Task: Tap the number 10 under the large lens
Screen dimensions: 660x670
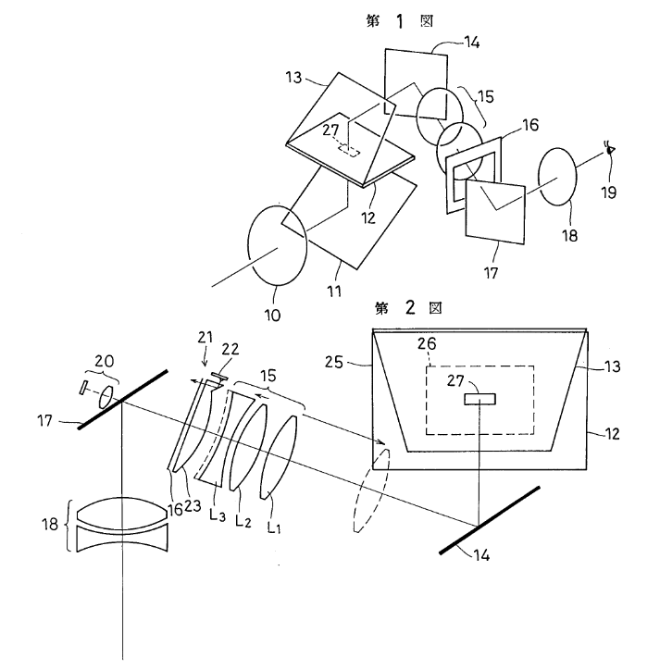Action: click(x=272, y=316)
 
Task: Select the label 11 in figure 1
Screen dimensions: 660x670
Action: click(x=334, y=292)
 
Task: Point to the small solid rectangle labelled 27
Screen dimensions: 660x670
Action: click(x=480, y=399)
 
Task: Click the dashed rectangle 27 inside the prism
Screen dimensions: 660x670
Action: click(x=349, y=151)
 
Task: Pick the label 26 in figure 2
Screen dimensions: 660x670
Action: click(x=427, y=344)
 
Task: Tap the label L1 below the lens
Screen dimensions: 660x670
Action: click(x=274, y=527)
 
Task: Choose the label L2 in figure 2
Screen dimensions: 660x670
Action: click(x=243, y=520)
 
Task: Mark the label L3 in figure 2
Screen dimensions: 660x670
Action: click(x=218, y=514)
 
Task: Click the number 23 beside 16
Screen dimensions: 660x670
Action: click(x=193, y=506)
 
